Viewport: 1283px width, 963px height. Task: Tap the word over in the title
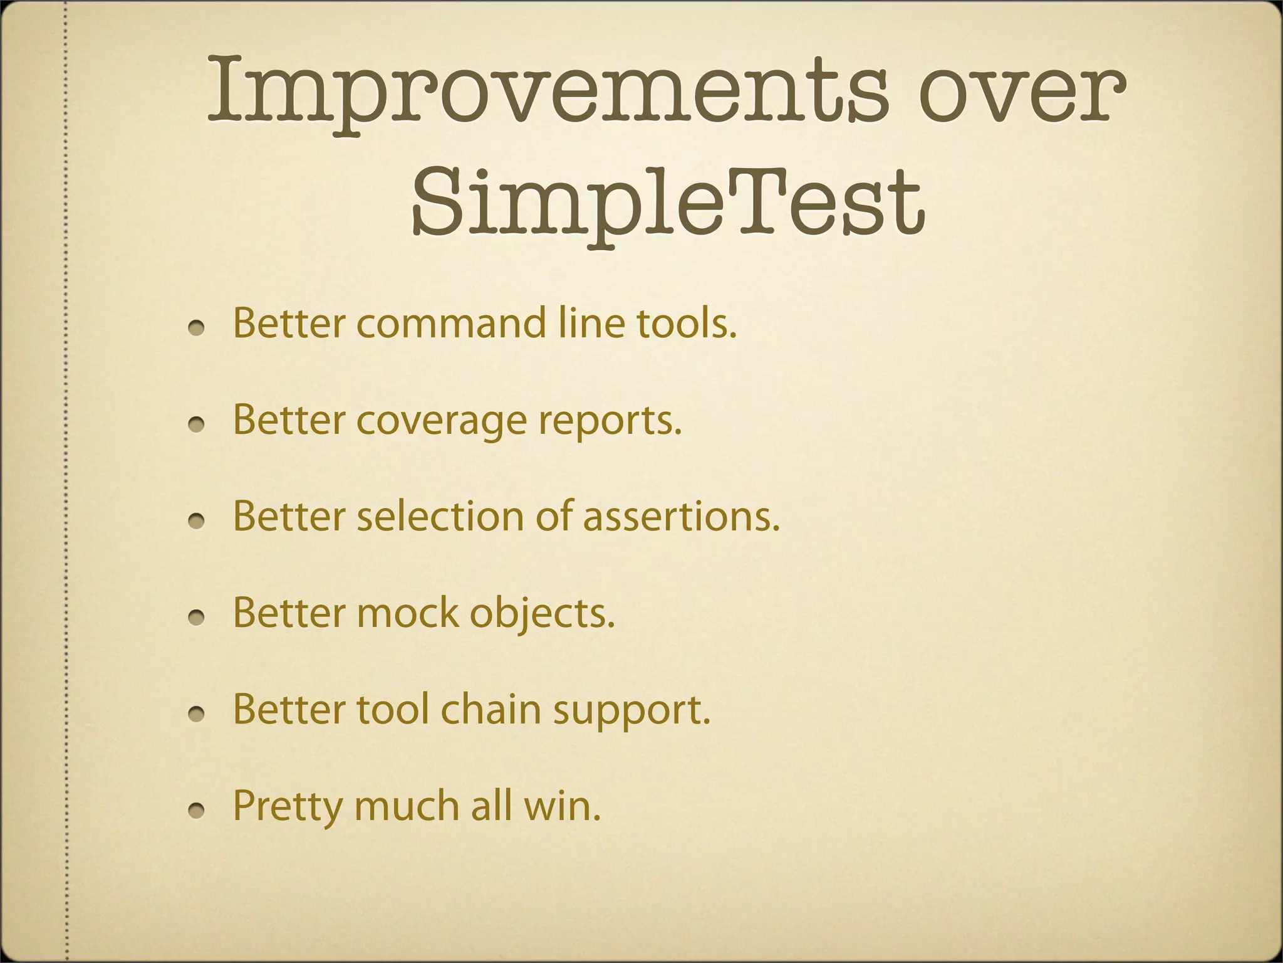tap(1022, 91)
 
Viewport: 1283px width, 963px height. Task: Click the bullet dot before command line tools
tap(197, 328)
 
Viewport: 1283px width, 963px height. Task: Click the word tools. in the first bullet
tap(687, 324)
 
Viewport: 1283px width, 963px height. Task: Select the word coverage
tap(442, 421)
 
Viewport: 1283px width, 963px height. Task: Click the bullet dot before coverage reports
tap(197, 424)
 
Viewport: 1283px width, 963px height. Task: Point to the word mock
tap(408, 613)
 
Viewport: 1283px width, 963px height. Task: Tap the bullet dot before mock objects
tap(197, 618)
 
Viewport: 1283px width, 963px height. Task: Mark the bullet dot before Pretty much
tap(197, 811)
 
